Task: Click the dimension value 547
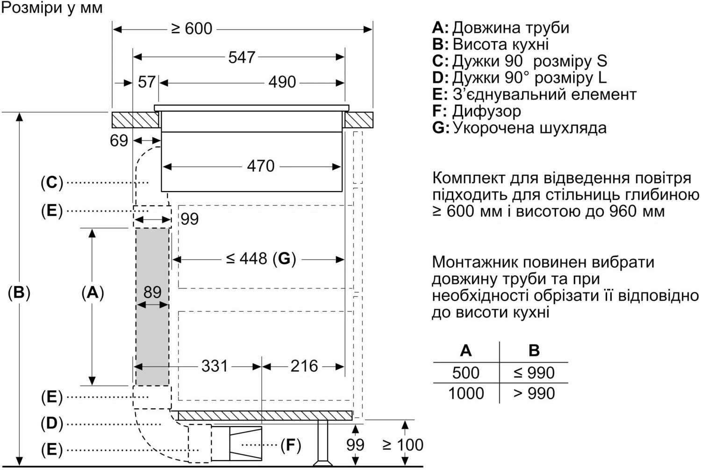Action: click(x=242, y=57)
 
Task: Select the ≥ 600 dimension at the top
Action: click(x=192, y=29)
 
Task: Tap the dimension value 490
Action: click(x=282, y=82)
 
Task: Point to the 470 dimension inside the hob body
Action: click(x=261, y=166)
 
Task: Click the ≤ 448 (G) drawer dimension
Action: click(x=261, y=258)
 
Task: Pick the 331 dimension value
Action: click(x=215, y=366)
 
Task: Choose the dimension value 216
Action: click(x=304, y=366)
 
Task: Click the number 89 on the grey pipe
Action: click(x=152, y=292)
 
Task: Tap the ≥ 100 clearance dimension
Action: click(x=403, y=445)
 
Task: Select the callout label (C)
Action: click(x=52, y=182)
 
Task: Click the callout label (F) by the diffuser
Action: click(x=291, y=445)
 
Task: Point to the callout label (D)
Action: click(x=52, y=424)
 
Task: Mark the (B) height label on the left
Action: click(x=19, y=292)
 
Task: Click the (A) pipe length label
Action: click(x=93, y=292)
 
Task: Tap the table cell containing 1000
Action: click(x=466, y=393)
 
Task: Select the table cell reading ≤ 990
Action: click(x=534, y=373)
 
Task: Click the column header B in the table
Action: click(x=534, y=350)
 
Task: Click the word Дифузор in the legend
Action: click(x=486, y=111)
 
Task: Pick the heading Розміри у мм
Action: click(x=52, y=8)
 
